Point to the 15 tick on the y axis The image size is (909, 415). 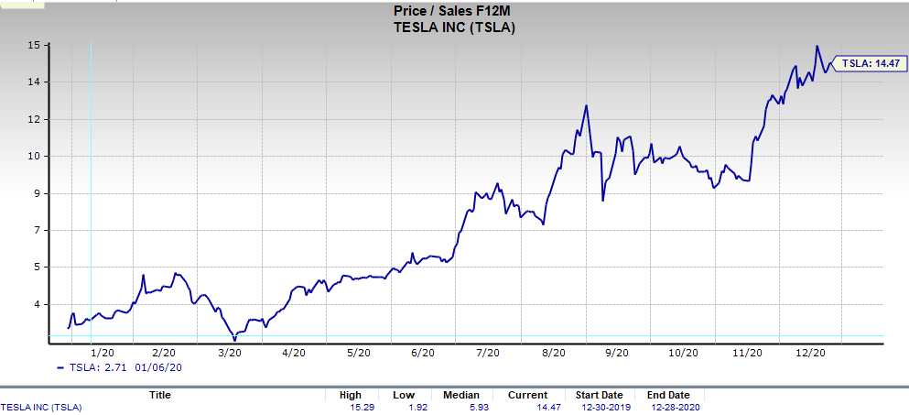[x=31, y=45]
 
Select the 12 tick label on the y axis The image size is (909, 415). [x=31, y=119]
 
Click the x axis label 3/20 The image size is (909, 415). [x=229, y=353]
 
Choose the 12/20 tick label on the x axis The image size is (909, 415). [x=811, y=353]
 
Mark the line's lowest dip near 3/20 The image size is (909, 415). [x=235, y=340]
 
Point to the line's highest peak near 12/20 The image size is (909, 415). [x=817, y=47]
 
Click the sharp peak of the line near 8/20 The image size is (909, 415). [x=586, y=105]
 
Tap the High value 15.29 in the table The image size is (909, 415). [x=349, y=406]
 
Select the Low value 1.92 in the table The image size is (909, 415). [x=404, y=406]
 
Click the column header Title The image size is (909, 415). [x=159, y=395]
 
